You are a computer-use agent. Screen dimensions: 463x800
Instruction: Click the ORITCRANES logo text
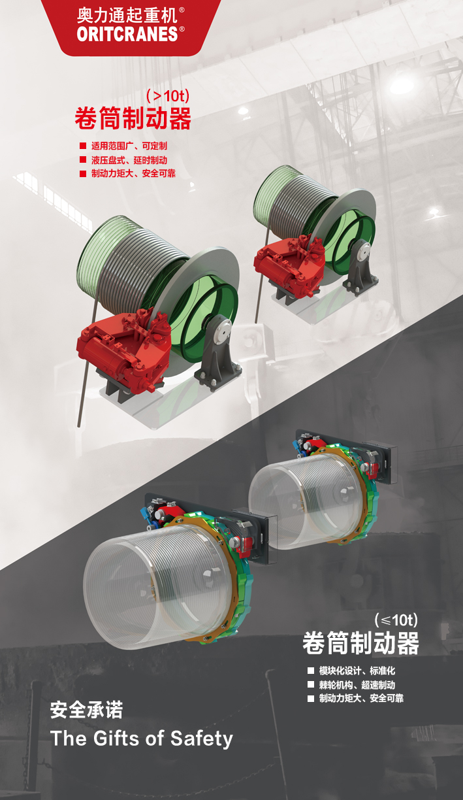127,34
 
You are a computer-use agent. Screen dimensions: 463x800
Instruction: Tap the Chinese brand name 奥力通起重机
127,16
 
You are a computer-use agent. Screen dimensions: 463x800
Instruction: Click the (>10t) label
168,95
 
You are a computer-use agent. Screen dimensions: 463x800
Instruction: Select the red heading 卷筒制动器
133,118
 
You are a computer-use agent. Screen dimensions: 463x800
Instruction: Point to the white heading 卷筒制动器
360,643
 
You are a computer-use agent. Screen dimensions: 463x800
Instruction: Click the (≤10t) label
396,620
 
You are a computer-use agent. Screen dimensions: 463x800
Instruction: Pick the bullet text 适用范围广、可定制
129,146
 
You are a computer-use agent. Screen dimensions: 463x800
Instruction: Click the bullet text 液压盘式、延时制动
129,160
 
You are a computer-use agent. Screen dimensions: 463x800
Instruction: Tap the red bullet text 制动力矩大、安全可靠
133,174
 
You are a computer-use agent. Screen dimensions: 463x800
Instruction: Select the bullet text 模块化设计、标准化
357,671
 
